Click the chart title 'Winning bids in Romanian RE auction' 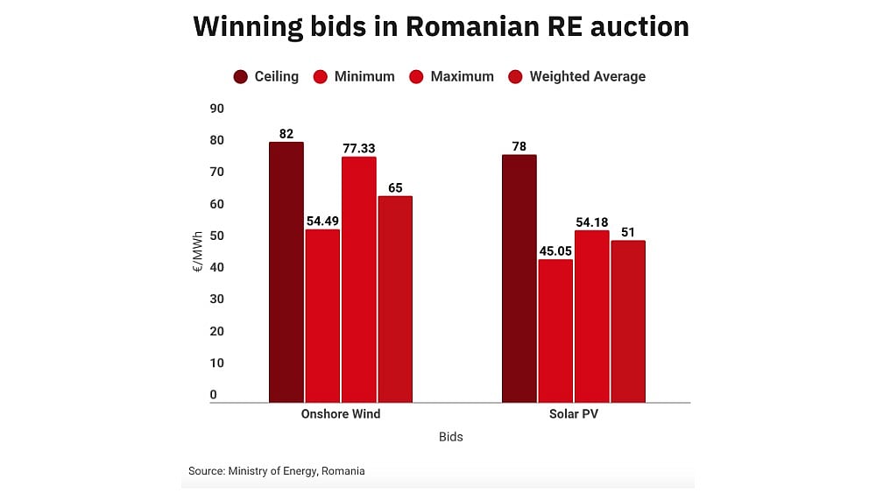tap(441, 26)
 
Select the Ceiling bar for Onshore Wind tap(286, 272)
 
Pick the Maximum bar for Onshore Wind tap(358, 279)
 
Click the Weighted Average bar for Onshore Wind tap(394, 299)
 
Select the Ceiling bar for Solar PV tap(519, 278)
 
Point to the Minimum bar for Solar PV tap(555, 330)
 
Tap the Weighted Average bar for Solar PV tap(628, 321)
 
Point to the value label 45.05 tap(555, 251)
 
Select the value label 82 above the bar tap(286, 134)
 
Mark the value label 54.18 tap(591, 222)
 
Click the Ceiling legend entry tap(266, 77)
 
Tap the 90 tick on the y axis tap(216, 109)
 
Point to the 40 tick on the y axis tap(216, 267)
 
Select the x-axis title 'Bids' tap(450, 437)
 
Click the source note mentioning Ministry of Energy tap(277, 471)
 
